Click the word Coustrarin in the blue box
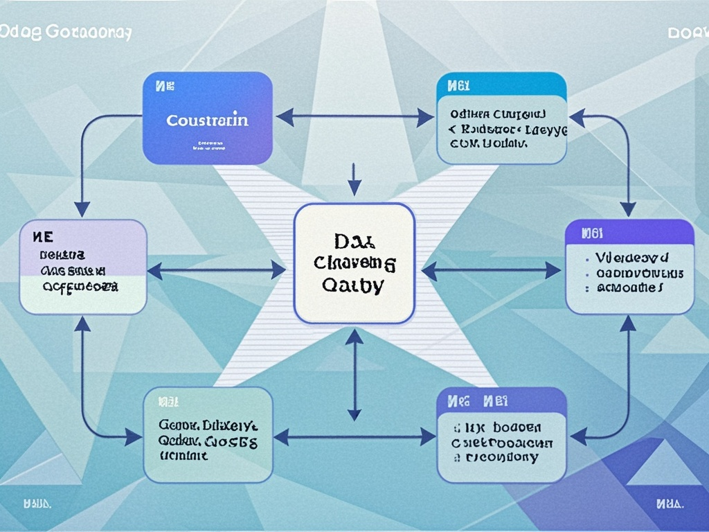[x=207, y=120]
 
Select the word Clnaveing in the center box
[x=354, y=263]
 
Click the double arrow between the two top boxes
[x=354, y=117]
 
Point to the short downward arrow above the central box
[x=354, y=179]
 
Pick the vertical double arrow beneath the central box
[x=354, y=375]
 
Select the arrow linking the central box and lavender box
[x=217, y=270]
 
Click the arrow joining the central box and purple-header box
[x=491, y=270]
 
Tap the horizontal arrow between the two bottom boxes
[x=354, y=436]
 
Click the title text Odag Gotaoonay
[x=66, y=33]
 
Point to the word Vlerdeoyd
[x=631, y=258]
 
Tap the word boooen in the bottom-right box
[x=512, y=427]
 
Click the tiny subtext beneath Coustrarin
[x=208, y=145]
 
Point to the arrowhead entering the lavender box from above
[x=82, y=209]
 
